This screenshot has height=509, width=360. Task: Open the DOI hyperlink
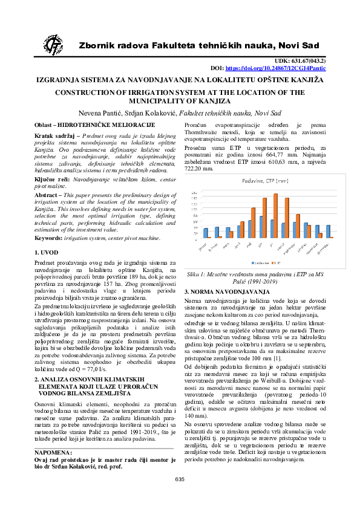click(273, 69)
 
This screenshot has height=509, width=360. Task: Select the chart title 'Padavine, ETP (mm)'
click(266, 180)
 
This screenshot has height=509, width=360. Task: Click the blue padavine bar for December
click(327, 231)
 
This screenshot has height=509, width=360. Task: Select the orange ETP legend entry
click(277, 263)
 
